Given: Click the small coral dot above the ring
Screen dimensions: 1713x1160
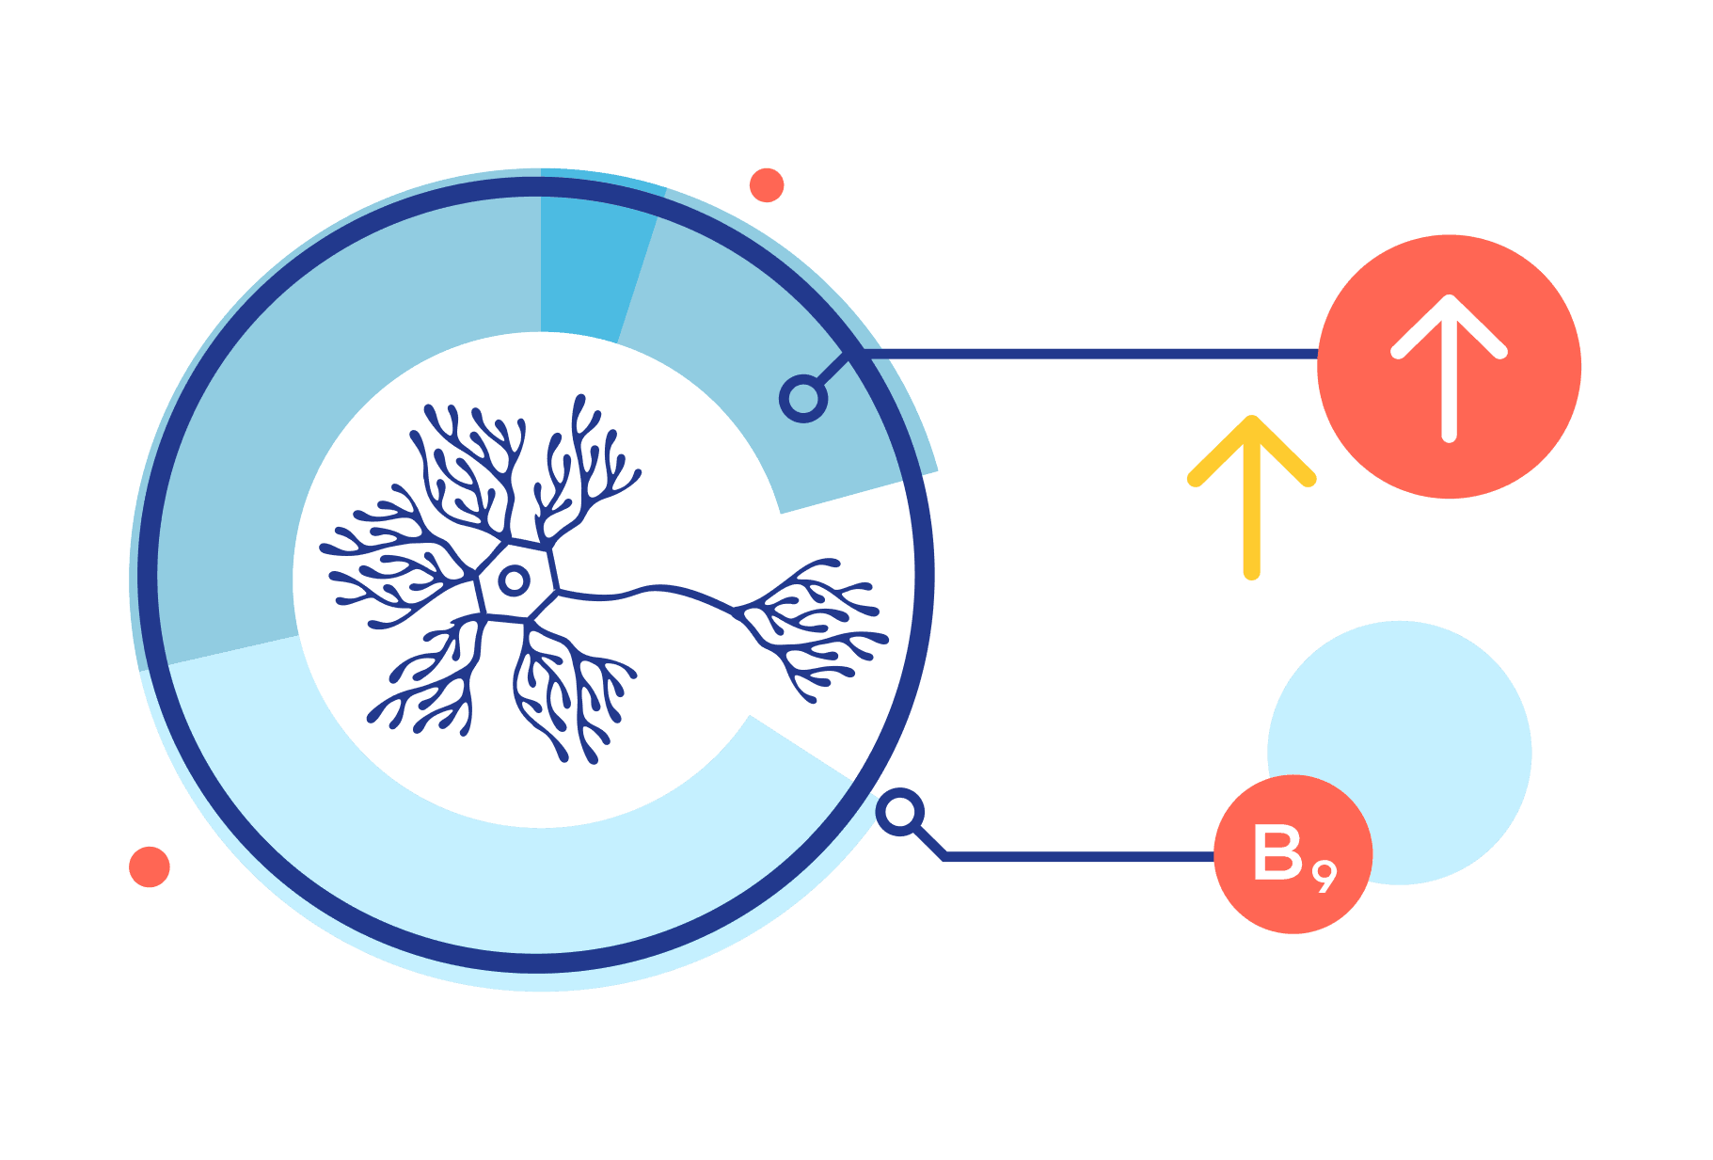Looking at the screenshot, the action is (767, 185).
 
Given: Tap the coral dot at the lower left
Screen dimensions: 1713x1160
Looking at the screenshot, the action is (149, 866).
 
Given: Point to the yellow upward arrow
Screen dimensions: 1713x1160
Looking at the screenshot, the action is (1251, 497).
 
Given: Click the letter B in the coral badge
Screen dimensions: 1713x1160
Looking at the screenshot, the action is (1277, 852).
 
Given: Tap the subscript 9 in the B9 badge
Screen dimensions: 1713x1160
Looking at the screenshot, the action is (1324, 877).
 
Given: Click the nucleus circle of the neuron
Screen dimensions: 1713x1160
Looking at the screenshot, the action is (514, 580).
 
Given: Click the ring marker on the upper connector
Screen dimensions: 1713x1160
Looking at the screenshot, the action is (803, 399).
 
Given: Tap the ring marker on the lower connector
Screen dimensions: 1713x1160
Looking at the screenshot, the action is (900, 812).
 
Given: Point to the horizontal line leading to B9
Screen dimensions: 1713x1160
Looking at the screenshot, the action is (1079, 856).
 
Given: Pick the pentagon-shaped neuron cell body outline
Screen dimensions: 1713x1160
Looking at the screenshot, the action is (516, 580).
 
